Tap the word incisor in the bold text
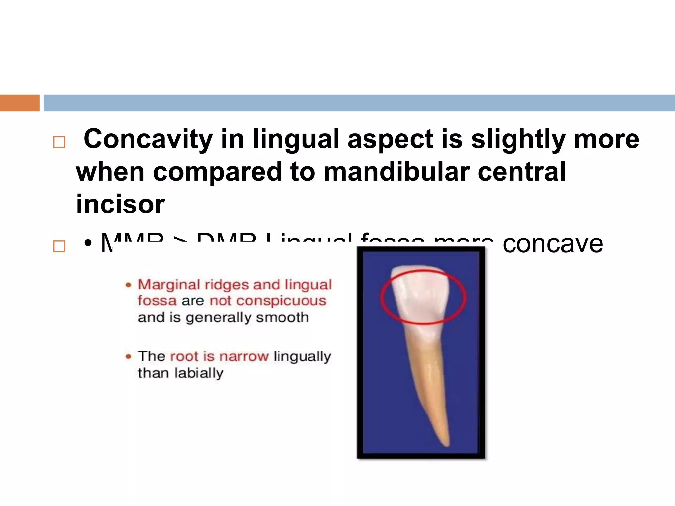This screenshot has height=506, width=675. (120, 204)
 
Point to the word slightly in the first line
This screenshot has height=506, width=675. (518, 139)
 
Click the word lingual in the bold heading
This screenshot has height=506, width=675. (296, 139)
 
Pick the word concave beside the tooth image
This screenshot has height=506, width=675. (553, 244)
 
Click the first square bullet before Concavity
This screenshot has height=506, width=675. (59, 142)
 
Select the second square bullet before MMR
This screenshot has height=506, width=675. (59, 246)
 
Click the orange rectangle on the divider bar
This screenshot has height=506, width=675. (20, 103)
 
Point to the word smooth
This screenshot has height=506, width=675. (282, 317)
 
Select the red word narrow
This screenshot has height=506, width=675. (244, 356)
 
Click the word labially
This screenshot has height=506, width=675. (199, 373)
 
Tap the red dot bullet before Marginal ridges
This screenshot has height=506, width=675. (129, 285)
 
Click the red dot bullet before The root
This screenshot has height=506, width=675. (129, 356)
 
